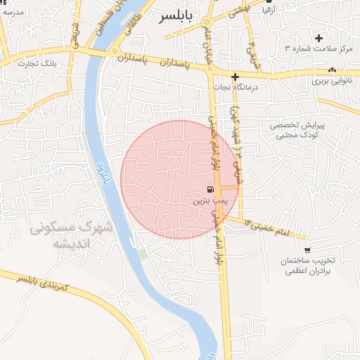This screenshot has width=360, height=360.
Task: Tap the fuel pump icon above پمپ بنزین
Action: (x=210, y=189)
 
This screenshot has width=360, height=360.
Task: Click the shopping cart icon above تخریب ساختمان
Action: (x=307, y=249)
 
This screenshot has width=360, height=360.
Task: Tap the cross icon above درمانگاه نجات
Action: (x=236, y=76)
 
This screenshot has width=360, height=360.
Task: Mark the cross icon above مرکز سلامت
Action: (x=319, y=37)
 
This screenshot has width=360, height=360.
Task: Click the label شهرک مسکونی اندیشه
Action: (x=72, y=236)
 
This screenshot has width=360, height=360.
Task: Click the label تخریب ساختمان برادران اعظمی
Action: (x=307, y=266)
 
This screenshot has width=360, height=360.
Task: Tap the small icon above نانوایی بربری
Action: (x=332, y=70)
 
